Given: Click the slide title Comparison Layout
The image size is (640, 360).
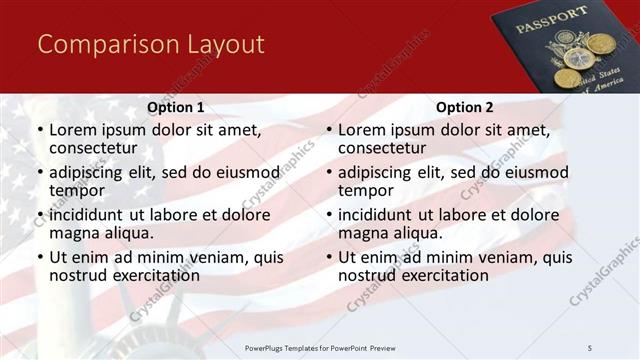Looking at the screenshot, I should [x=151, y=44].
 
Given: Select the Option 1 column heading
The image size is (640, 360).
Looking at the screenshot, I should [x=176, y=107].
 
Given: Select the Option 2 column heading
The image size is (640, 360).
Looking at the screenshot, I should [x=465, y=107].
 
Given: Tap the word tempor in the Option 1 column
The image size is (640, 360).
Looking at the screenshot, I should [x=76, y=190].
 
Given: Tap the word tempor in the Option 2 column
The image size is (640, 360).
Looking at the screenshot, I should [x=365, y=190].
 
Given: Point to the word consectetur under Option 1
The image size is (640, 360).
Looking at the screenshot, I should [x=92, y=148].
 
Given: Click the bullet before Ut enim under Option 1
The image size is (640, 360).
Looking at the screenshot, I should [x=39, y=258].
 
